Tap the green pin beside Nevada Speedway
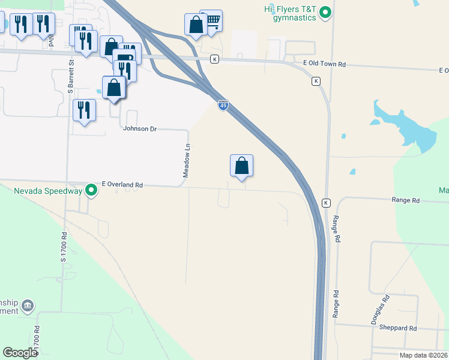coord(91,191)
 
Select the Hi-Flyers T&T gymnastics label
coord(291,13)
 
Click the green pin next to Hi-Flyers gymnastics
coord(325,12)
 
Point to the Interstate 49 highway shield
coord(223,106)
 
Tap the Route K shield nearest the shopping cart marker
coord(214,59)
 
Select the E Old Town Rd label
coord(326,64)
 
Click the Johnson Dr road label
coord(139,128)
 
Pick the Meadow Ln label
coord(187,160)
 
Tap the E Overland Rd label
coord(122,185)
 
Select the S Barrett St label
coord(71,76)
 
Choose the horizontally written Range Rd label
coord(406,200)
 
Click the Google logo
coord(20,353)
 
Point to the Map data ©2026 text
coord(423,355)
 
